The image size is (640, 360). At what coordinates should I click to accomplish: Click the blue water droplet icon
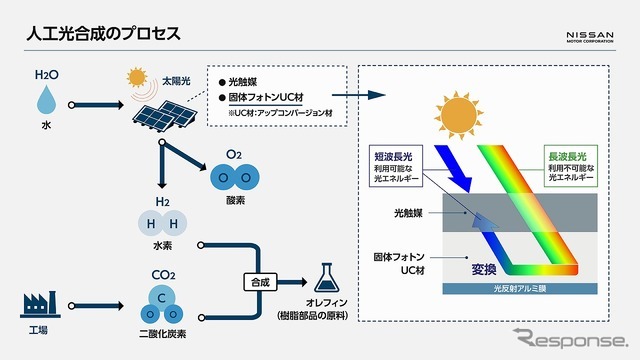47,100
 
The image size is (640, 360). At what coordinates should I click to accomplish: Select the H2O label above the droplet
47,75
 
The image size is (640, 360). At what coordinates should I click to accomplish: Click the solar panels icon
163,118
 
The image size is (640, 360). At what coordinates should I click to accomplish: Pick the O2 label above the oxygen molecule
233,155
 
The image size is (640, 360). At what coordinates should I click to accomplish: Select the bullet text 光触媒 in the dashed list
244,80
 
